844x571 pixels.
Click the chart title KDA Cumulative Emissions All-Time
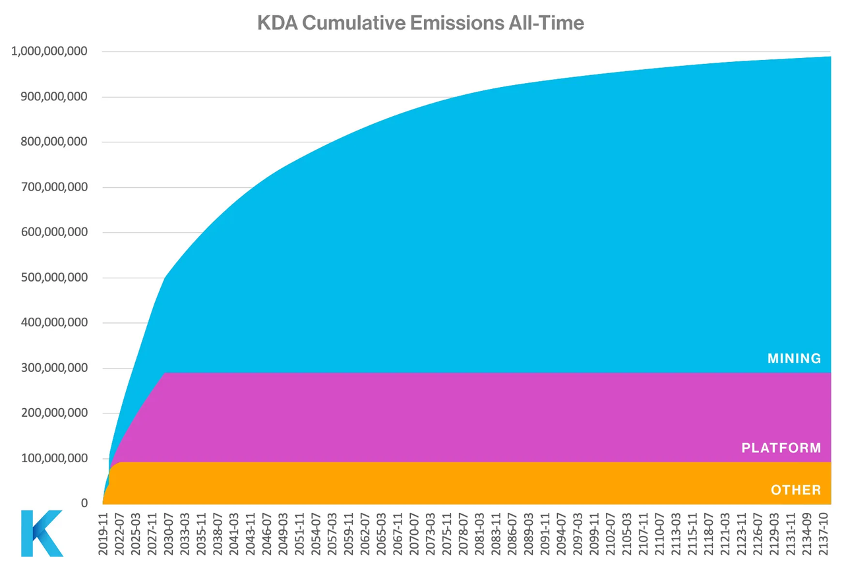coord(421,23)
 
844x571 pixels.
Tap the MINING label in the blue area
coord(794,359)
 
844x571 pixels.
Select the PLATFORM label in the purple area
coord(781,448)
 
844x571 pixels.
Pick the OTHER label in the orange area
coord(796,490)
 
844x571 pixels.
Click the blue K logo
coord(42,533)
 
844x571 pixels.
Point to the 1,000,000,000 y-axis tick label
coord(49,52)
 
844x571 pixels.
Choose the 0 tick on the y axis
coord(84,503)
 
